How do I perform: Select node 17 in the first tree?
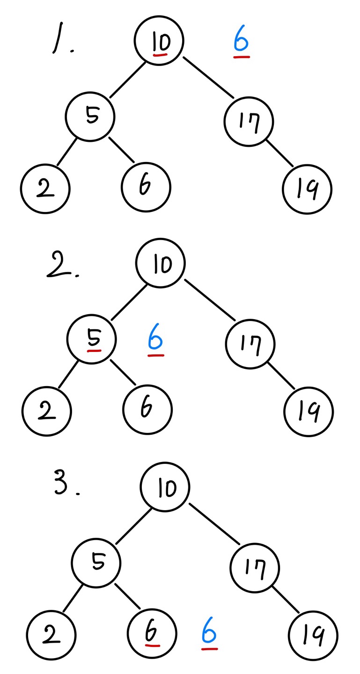pos(249,122)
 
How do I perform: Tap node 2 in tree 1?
pos(45,189)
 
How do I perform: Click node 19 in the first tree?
pos(307,189)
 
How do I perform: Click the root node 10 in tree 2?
pos(161,264)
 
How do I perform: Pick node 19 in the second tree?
pos(309,412)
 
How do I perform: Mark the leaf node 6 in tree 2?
pos(147,410)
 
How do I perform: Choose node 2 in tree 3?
pos(51,635)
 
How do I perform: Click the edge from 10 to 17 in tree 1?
pos(208,78)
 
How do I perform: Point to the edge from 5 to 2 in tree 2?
pos(69,374)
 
